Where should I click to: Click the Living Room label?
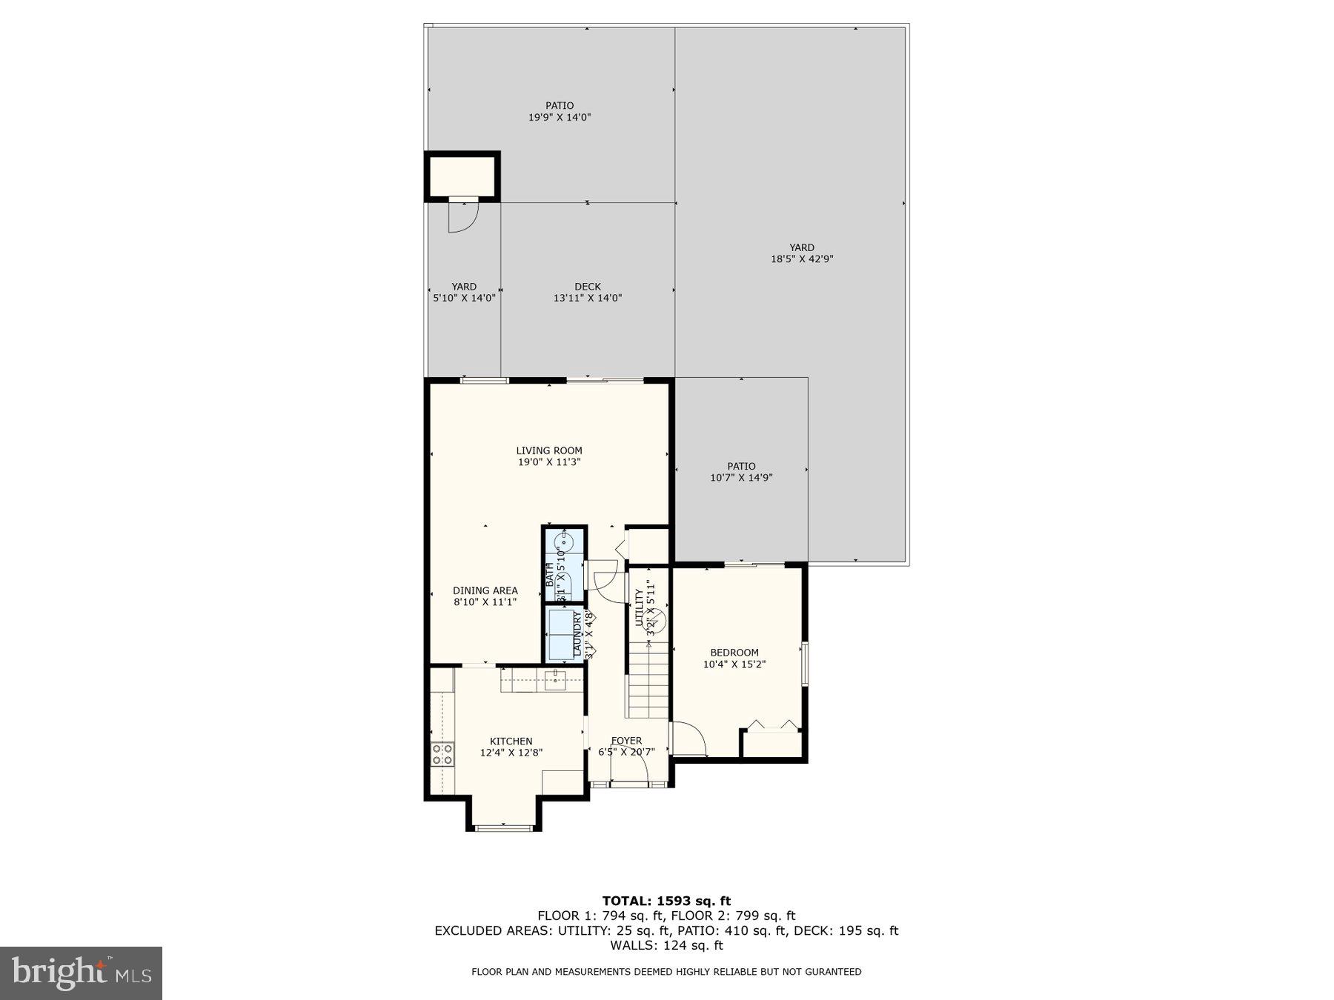549,450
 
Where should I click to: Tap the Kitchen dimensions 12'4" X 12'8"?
511,753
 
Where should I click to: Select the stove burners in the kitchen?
442,754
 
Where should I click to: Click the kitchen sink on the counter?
555,677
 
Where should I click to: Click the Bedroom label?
734,653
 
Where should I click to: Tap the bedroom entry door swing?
689,739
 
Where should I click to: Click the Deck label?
588,287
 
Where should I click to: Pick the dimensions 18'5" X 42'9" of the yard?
802,259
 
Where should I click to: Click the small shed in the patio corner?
462,176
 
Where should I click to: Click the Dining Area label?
485,590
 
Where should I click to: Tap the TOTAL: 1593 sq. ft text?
666,901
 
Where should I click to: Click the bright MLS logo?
81,973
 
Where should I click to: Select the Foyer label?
626,741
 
